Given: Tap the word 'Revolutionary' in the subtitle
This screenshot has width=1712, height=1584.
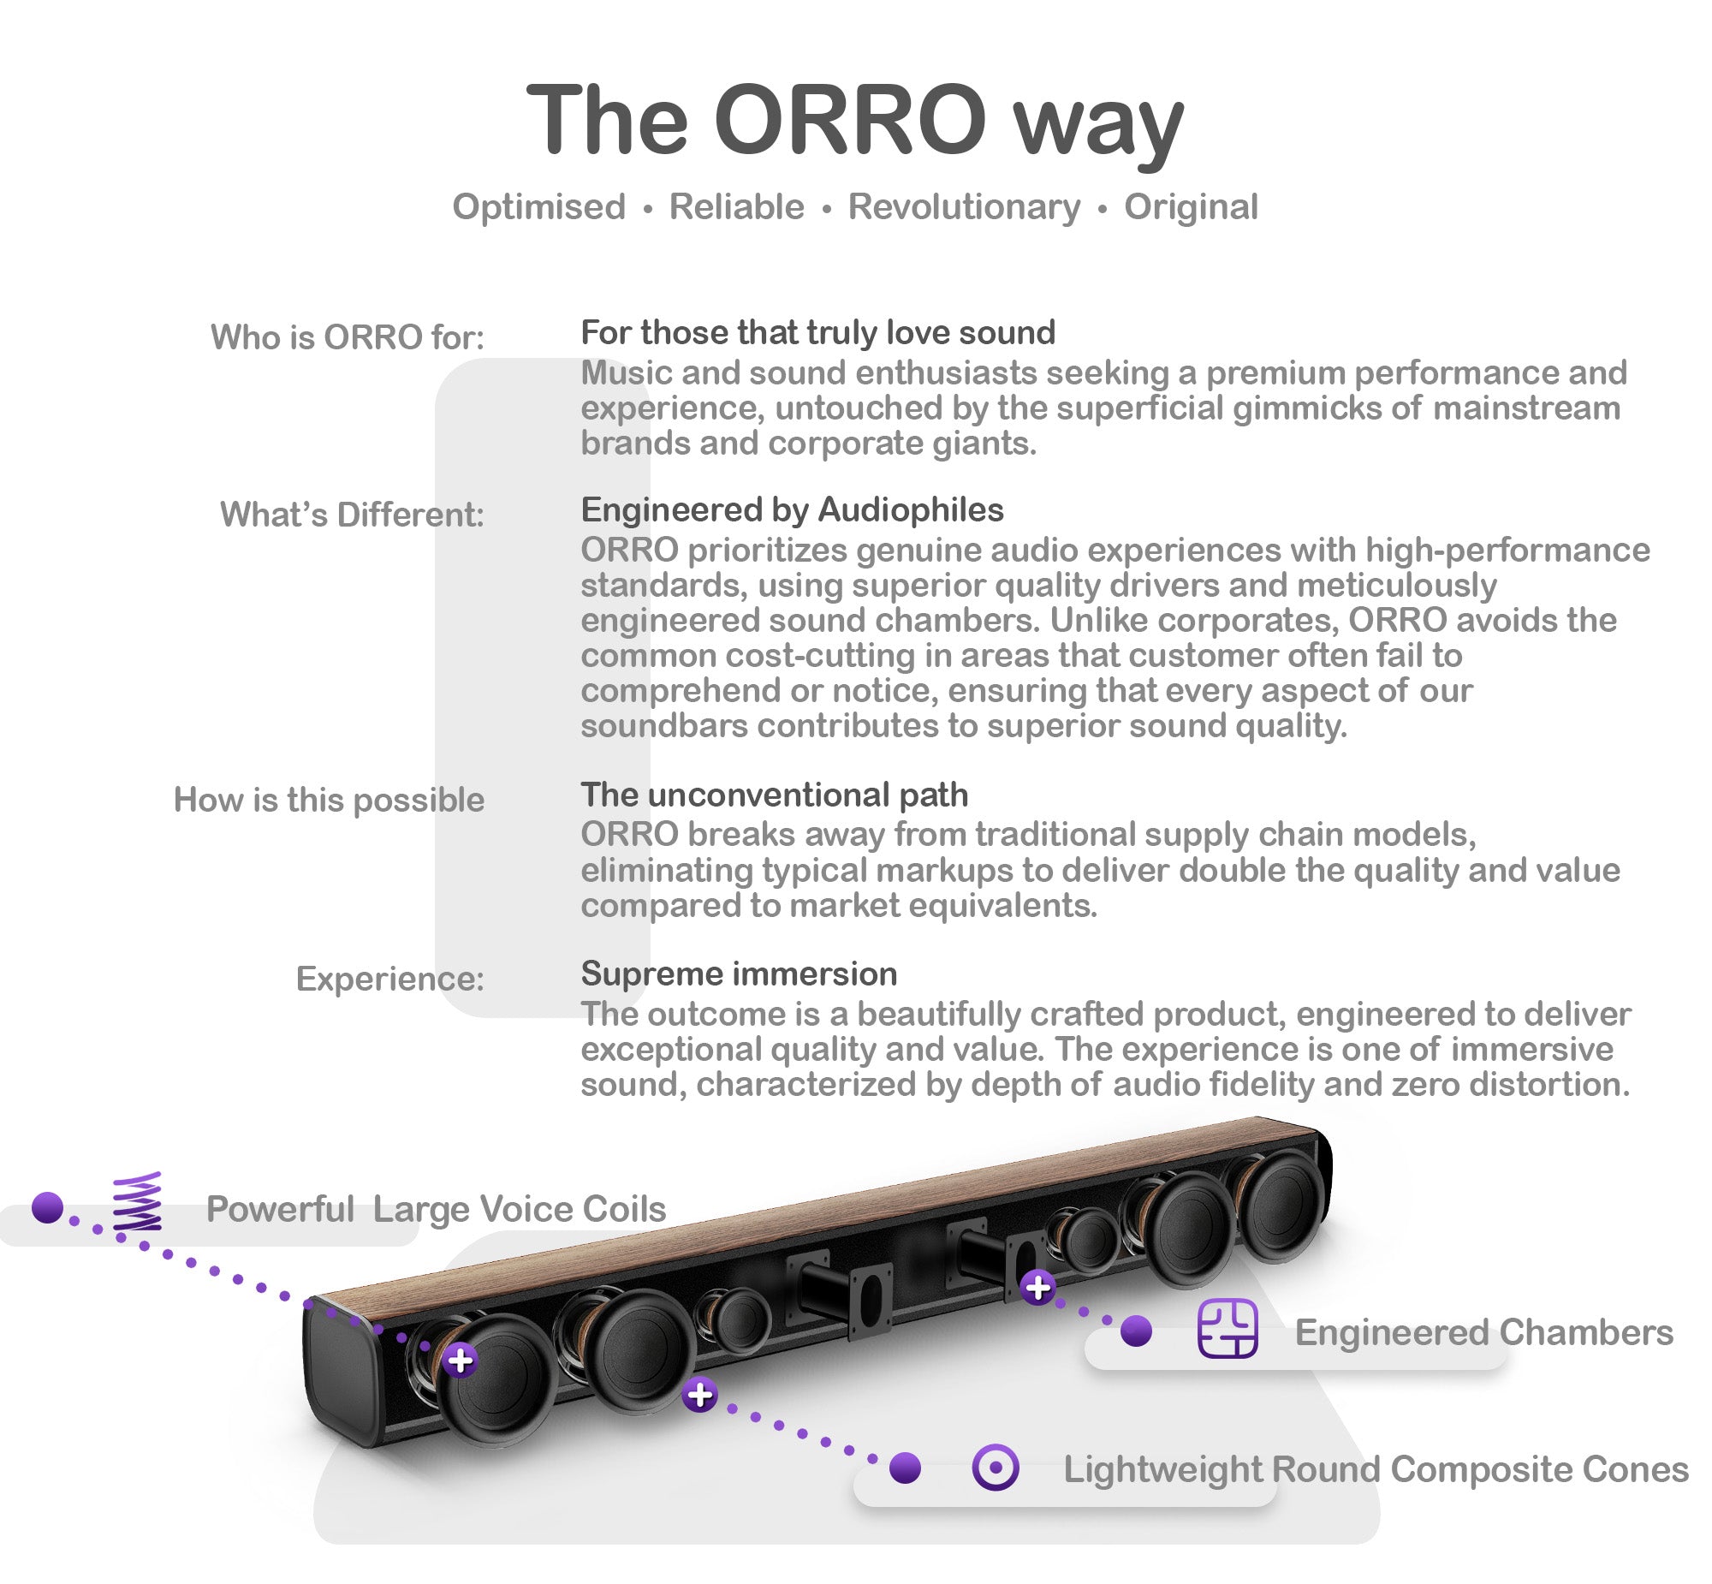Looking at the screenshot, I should [x=964, y=207].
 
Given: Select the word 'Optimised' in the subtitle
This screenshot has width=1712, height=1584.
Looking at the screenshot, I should [x=539, y=207].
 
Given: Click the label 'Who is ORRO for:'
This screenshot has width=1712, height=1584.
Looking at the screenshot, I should [x=347, y=336].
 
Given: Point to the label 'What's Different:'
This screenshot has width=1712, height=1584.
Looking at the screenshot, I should [x=351, y=515].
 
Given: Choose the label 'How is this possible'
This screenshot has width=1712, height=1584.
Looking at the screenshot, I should [x=329, y=800].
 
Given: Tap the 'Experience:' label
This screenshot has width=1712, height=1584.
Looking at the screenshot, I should [x=389, y=978].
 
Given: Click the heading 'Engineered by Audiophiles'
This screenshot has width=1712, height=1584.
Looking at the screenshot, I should [x=792, y=510].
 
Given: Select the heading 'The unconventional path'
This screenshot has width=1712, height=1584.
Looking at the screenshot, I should [x=774, y=795].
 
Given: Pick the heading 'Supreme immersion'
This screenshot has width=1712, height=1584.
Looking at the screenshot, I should [x=739, y=974].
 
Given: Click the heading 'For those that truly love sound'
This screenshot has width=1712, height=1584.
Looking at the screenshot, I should [x=817, y=332].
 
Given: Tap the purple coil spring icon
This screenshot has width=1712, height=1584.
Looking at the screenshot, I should [x=138, y=1202].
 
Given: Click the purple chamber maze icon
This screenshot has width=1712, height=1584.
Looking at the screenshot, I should [x=1227, y=1329].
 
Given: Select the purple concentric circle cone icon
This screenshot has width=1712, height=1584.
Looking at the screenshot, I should [x=995, y=1468].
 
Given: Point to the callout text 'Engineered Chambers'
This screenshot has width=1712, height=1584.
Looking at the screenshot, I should [x=1483, y=1333].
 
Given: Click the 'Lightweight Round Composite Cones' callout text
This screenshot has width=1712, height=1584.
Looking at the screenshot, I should [x=1376, y=1469].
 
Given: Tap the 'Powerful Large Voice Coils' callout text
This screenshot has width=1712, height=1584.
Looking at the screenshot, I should [x=436, y=1210].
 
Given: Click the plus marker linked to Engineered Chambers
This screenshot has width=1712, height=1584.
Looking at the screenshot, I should [x=1037, y=1288].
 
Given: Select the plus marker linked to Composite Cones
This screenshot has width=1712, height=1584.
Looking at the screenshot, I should [x=700, y=1395].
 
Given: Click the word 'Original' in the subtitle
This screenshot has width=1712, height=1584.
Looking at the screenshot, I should [x=1190, y=207].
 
